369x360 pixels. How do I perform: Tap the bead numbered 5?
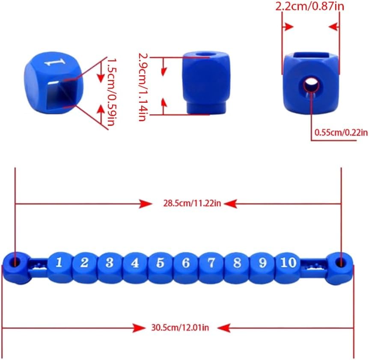tap(161, 267)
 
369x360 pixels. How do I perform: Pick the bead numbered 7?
tap(211, 267)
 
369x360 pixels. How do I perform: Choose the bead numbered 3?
tap(110, 267)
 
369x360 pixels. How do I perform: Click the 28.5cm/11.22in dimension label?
tap(192, 203)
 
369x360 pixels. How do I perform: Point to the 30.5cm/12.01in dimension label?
tap(180, 327)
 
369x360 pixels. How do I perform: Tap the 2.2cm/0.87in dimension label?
tap(309, 6)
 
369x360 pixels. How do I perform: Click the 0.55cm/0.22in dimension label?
tap(341, 132)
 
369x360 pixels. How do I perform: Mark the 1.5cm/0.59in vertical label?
tap(111, 92)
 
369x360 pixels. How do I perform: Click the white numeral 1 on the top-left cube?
tap(55, 62)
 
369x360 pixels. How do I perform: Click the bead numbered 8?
tap(237, 267)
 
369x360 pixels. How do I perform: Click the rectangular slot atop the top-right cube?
tap(311, 56)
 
